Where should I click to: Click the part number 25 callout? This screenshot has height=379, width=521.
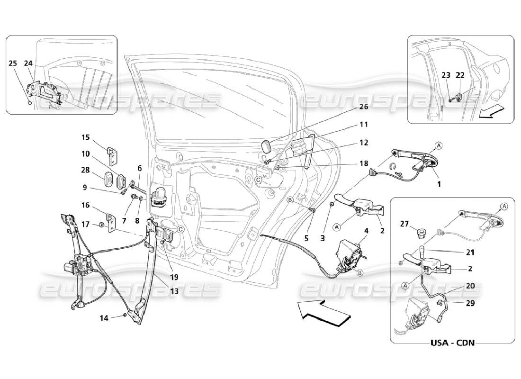(12, 63)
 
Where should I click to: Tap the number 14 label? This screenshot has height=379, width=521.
(104, 318)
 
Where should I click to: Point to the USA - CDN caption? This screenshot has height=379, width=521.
(453, 342)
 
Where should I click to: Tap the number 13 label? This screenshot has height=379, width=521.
(174, 292)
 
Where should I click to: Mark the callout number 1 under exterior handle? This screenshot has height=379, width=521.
(439, 184)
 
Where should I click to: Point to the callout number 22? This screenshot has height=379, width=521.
(460, 75)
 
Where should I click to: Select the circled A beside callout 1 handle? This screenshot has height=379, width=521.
(439, 145)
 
